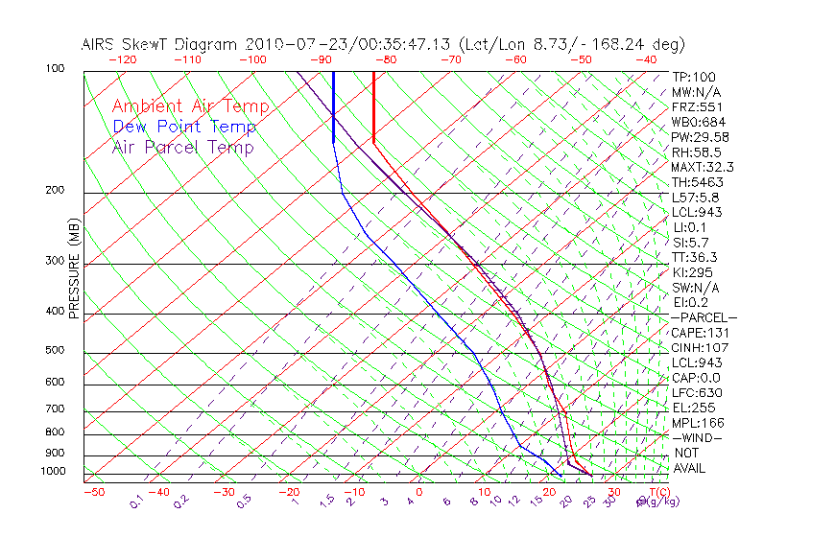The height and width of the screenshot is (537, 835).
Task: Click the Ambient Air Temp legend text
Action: [190, 106]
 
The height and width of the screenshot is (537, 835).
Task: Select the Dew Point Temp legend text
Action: [183, 127]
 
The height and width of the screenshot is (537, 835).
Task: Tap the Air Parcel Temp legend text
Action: [182, 147]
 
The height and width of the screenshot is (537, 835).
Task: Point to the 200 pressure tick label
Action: [57, 191]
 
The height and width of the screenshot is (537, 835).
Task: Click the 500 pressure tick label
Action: [57, 351]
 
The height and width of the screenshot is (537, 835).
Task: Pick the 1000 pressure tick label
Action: [54, 472]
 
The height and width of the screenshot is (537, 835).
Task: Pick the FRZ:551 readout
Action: [697, 106]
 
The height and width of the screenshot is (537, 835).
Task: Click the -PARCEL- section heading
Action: [704, 317]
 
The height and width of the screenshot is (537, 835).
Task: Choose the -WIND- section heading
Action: [697, 437]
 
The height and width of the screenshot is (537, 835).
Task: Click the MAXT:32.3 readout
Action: [704, 167]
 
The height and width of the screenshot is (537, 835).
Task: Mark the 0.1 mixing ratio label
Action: [136, 501]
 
